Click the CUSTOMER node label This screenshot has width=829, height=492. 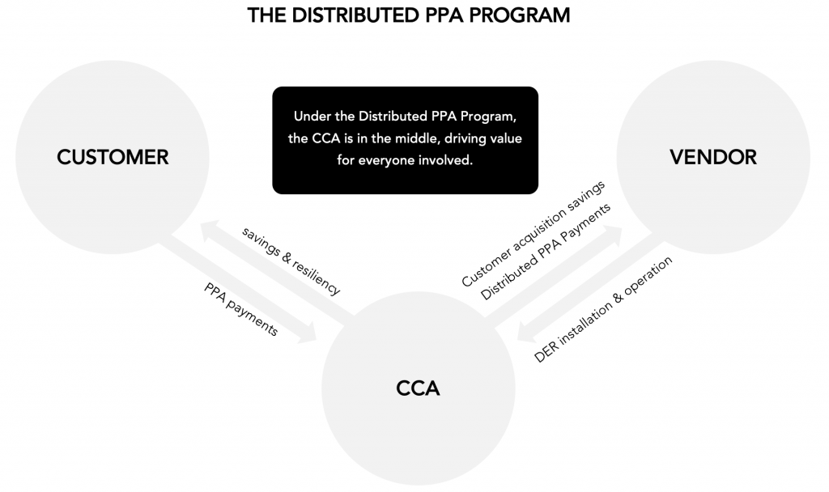click(113, 157)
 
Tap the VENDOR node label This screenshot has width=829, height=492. click(713, 157)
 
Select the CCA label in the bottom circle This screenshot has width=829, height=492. click(418, 388)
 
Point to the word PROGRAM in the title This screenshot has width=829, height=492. click(519, 15)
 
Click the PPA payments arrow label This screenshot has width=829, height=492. click(241, 309)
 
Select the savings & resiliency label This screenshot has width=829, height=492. click(291, 261)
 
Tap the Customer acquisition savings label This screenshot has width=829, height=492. click(533, 234)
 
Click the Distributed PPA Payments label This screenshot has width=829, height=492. click(545, 252)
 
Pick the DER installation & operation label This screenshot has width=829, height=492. click(603, 309)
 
